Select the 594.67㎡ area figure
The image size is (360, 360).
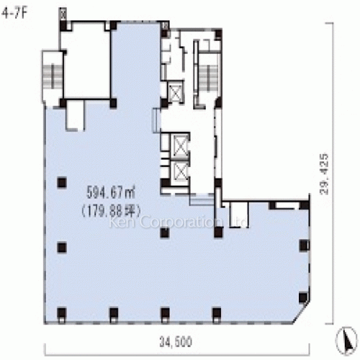(x=111, y=193)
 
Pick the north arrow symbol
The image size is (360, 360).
(x=348, y=336)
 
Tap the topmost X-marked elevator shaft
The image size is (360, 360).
(x=175, y=93)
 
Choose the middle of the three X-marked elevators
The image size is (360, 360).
(x=176, y=144)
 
